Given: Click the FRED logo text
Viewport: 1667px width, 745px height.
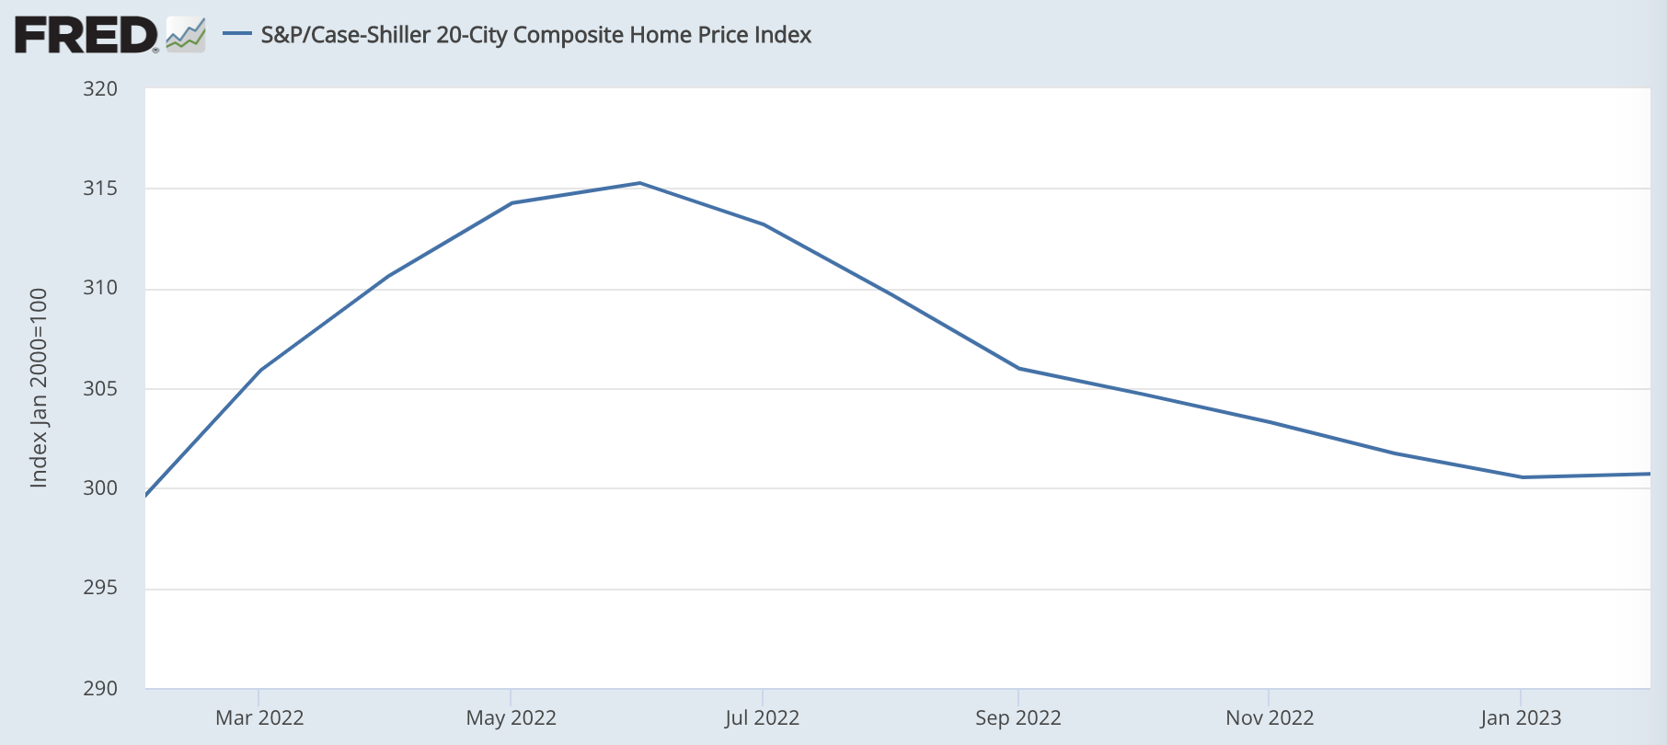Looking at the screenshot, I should [86, 35].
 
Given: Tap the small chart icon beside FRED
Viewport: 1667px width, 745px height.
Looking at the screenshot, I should [186, 35].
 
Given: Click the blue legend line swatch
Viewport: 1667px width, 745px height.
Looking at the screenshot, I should [237, 34].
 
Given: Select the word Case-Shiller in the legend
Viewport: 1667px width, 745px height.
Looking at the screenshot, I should [372, 35].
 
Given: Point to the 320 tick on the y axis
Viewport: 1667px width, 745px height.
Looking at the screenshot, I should [100, 88].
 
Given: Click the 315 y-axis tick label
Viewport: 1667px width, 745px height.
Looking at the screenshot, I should [100, 189].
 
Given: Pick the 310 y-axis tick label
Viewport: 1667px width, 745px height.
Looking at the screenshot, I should [100, 288].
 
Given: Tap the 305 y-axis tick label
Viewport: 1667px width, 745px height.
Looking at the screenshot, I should [100, 388].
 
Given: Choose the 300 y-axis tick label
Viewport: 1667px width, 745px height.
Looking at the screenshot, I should [100, 487].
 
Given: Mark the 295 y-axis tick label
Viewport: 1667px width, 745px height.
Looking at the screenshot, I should [100, 588].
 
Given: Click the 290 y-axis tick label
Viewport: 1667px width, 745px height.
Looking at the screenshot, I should [100, 688].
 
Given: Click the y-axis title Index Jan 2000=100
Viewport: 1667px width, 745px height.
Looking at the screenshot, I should [39, 388].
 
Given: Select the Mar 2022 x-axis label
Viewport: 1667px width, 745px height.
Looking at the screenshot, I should [259, 717].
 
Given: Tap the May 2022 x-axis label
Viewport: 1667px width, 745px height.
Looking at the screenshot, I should [511, 717].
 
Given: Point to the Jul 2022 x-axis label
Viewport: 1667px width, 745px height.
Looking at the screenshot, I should [762, 717].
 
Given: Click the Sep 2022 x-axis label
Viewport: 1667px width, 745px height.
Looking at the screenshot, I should [1017, 717].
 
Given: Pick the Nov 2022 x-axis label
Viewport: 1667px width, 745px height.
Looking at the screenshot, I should [1269, 717].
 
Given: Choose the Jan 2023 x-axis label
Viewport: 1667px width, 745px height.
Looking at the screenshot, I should [1520, 717].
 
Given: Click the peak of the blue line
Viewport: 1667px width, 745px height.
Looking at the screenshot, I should [639, 183].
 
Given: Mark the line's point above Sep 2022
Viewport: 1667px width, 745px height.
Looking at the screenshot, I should [1018, 368].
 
